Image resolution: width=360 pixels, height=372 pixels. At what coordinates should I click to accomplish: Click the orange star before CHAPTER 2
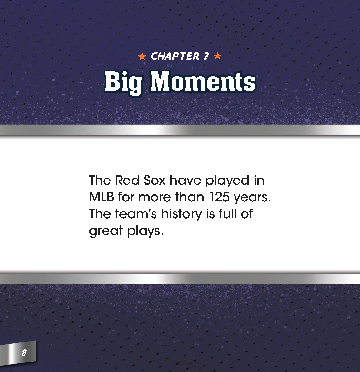[142, 57]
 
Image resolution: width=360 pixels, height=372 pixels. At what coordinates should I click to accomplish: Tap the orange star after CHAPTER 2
[218, 57]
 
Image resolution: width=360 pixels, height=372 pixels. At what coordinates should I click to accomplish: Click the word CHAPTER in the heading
[175, 57]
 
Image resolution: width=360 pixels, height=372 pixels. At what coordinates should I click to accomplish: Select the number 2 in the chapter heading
[206, 57]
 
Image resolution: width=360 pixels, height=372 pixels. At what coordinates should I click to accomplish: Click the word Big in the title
[124, 82]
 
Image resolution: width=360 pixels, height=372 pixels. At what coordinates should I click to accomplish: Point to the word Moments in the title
[203, 81]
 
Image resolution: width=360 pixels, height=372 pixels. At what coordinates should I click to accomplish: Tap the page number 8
[24, 352]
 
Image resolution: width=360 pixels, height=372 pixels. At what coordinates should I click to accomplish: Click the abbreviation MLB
[101, 197]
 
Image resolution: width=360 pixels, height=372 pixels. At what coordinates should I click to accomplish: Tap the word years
[252, 198]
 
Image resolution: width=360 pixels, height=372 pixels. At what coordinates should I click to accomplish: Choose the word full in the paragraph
[225, 214]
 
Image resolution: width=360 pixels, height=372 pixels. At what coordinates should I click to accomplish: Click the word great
[105, 231]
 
